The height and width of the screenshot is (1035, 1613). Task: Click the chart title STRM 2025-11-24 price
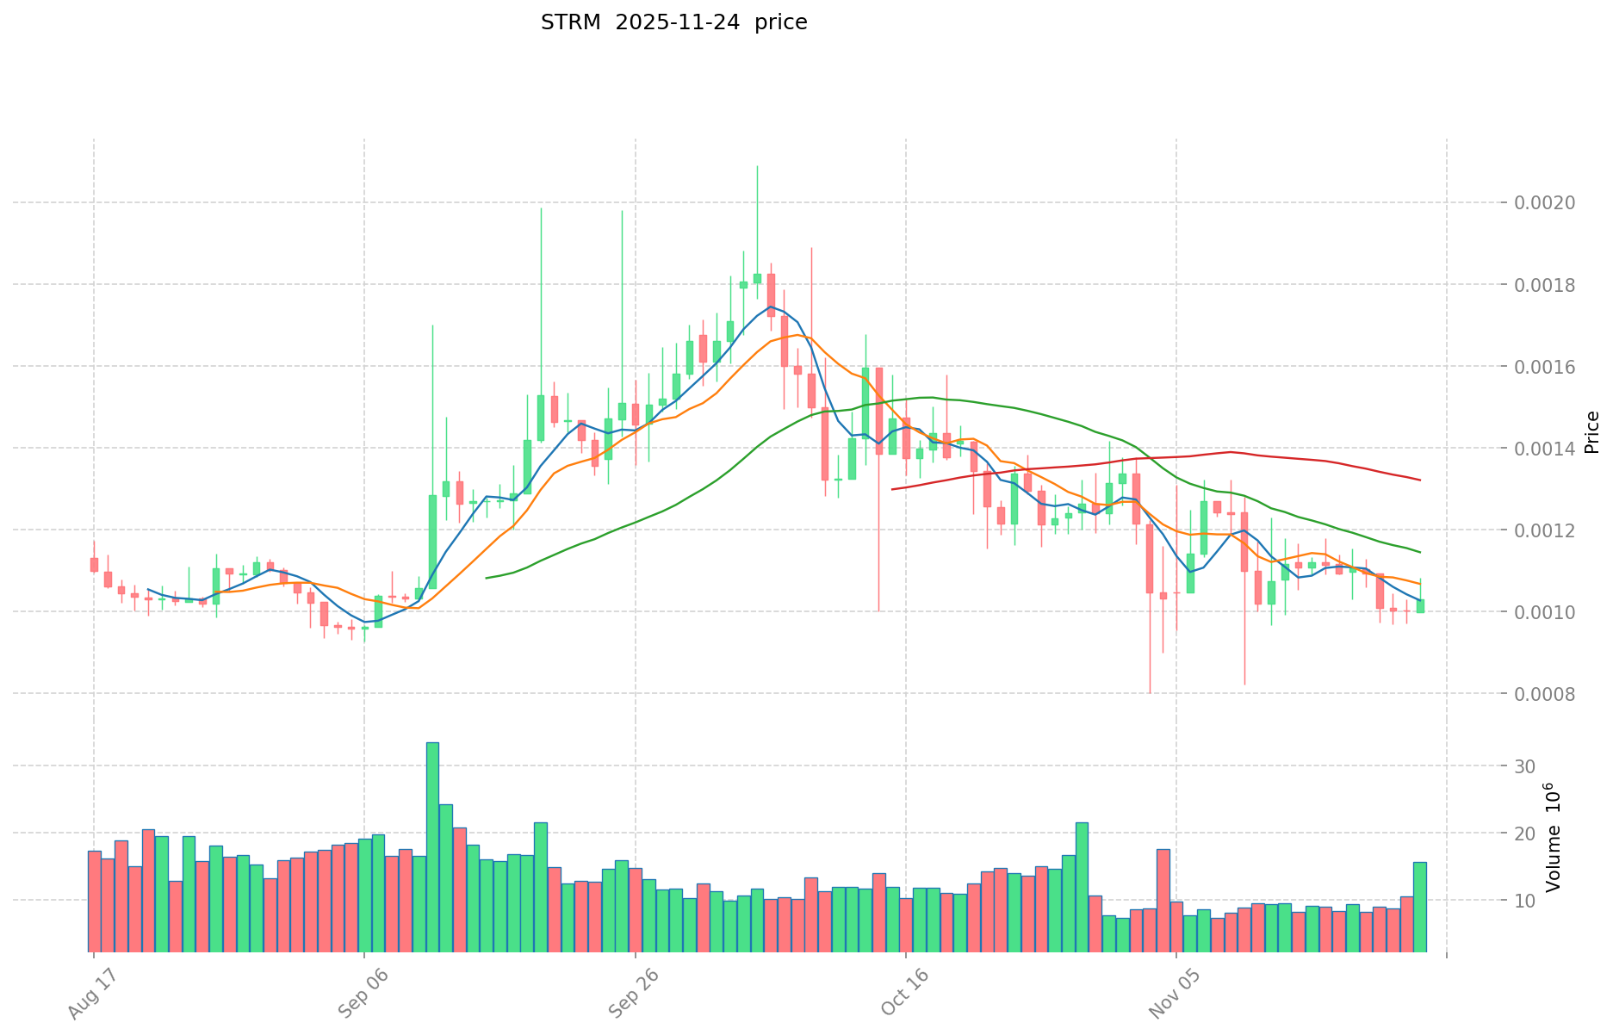point(673,23)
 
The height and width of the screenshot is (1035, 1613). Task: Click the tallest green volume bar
point(432,848)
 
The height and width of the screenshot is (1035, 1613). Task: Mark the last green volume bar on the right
point(1419,907)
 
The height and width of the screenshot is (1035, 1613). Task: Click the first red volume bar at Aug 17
point(94,902)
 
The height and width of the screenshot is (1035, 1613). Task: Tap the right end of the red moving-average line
point(1419,480)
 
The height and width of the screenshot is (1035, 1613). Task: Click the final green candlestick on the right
point(1420,606)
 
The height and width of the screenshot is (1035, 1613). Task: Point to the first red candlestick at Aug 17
point(94,564)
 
